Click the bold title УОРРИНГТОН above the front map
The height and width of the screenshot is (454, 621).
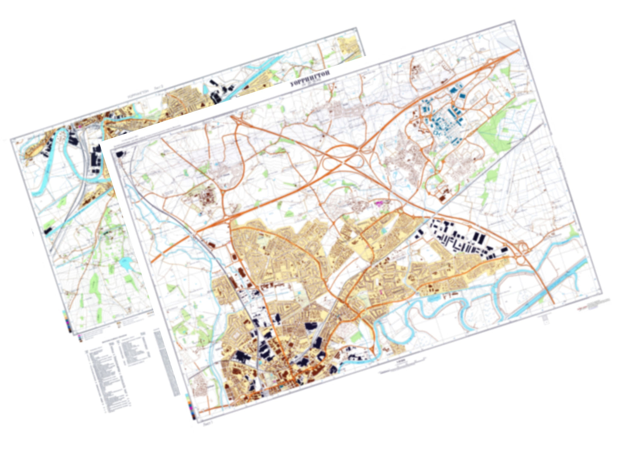310,79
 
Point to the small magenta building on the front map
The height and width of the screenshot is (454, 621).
379,201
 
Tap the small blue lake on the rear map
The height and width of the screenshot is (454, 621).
125,264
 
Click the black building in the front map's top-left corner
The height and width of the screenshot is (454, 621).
119,152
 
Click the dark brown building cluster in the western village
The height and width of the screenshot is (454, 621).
208,199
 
